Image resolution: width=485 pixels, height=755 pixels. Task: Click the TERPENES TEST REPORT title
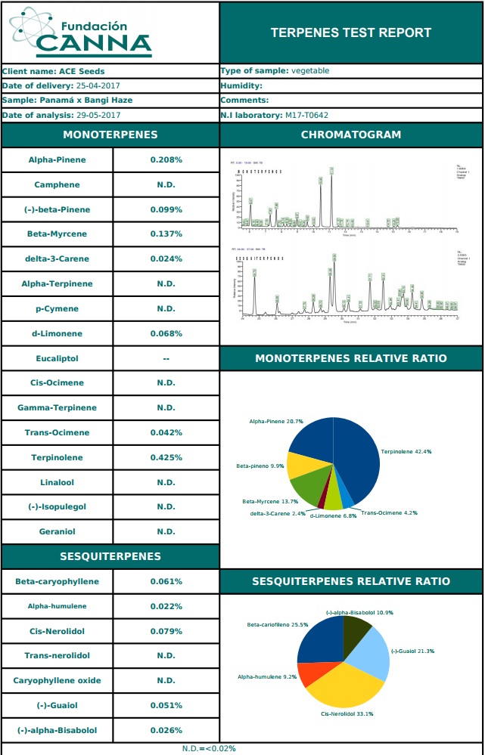pos(351,32)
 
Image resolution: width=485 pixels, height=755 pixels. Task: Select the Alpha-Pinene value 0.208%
pos(166,160)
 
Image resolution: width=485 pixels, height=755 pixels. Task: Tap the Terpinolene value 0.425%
pos(166,458)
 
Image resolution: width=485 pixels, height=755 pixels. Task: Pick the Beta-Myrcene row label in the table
pos(58,234)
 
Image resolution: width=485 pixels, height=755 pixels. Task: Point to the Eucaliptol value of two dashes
pos(166,358)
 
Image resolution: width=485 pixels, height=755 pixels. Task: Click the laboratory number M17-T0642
pos(306,116)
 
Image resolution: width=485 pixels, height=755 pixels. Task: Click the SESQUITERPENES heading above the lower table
pos(110,557)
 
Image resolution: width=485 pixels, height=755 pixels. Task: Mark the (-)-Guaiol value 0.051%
pos(166,706)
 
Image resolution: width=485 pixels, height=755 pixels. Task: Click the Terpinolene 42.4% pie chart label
pos(406,452)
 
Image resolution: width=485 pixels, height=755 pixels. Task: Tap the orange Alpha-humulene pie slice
pos(307,674)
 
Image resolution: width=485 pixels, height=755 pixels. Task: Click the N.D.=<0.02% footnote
pos(209,748)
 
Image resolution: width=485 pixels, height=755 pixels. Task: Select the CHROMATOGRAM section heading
pos(351,135)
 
